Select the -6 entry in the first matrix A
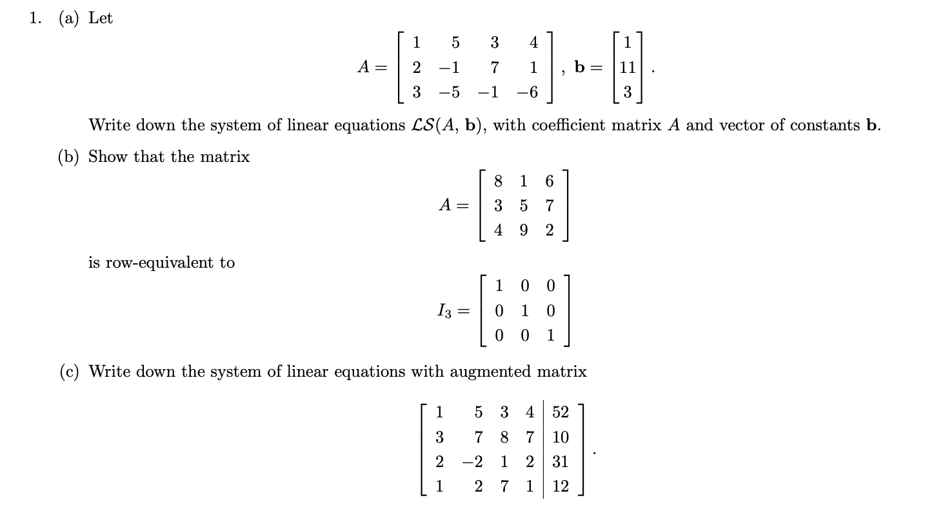[x=528, y=92]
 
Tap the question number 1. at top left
[x=37, y=19]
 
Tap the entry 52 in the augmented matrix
[x=561, y=412]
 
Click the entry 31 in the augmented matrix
[x=561, y=462]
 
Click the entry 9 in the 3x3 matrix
[x=524, y=230]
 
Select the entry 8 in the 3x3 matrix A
[x=498, y=181]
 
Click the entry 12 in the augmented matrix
[x=561, y=487]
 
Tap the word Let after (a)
[x=101, y=19]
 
